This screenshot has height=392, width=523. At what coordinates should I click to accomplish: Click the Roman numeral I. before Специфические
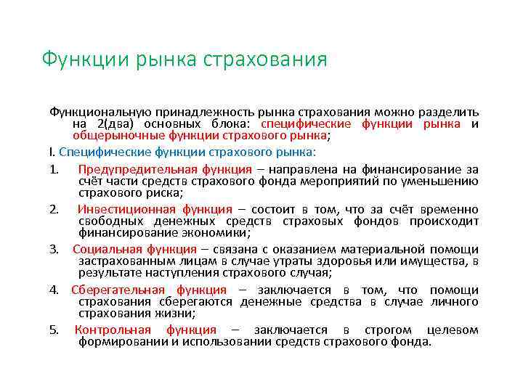tap(52, 152)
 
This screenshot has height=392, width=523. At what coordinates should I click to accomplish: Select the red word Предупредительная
tap(125, 169)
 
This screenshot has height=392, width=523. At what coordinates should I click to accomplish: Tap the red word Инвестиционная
tap(114, 209)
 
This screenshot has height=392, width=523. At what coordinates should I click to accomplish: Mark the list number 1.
tap(54, 169)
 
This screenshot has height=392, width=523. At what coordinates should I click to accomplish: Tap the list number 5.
tap(54, 330)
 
